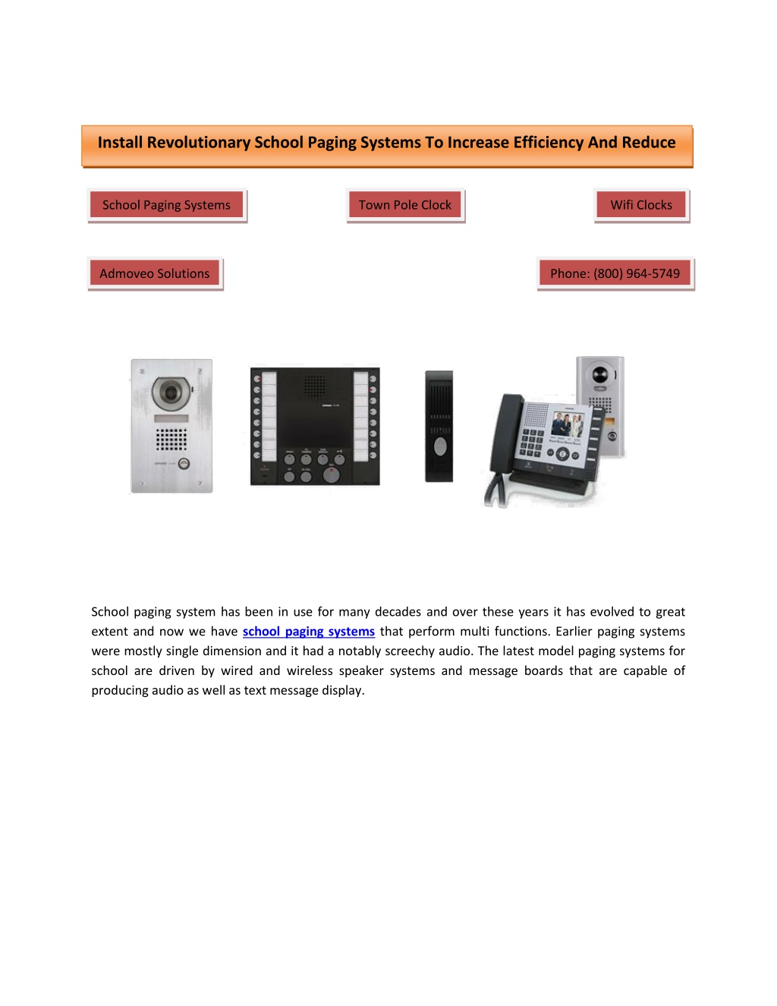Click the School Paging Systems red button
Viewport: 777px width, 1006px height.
(x=166, y=205)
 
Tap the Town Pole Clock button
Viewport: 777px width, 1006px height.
(x=405, y=205)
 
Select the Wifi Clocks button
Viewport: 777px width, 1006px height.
(x=641, y=205)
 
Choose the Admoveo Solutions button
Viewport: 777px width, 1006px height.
(x=155, y=273)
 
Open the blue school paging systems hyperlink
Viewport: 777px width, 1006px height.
(x=309, y=632)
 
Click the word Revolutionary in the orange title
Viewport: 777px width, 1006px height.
(x=199, y=142)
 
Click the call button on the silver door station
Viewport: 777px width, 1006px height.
(x=184, y=463)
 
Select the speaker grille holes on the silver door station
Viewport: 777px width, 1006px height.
(x=171, y=439)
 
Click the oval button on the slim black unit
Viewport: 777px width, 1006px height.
(x=440, y=446)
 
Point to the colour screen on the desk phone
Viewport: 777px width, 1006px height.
(x=568, y=424)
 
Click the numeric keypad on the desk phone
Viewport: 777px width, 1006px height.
(x=531, y=443)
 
